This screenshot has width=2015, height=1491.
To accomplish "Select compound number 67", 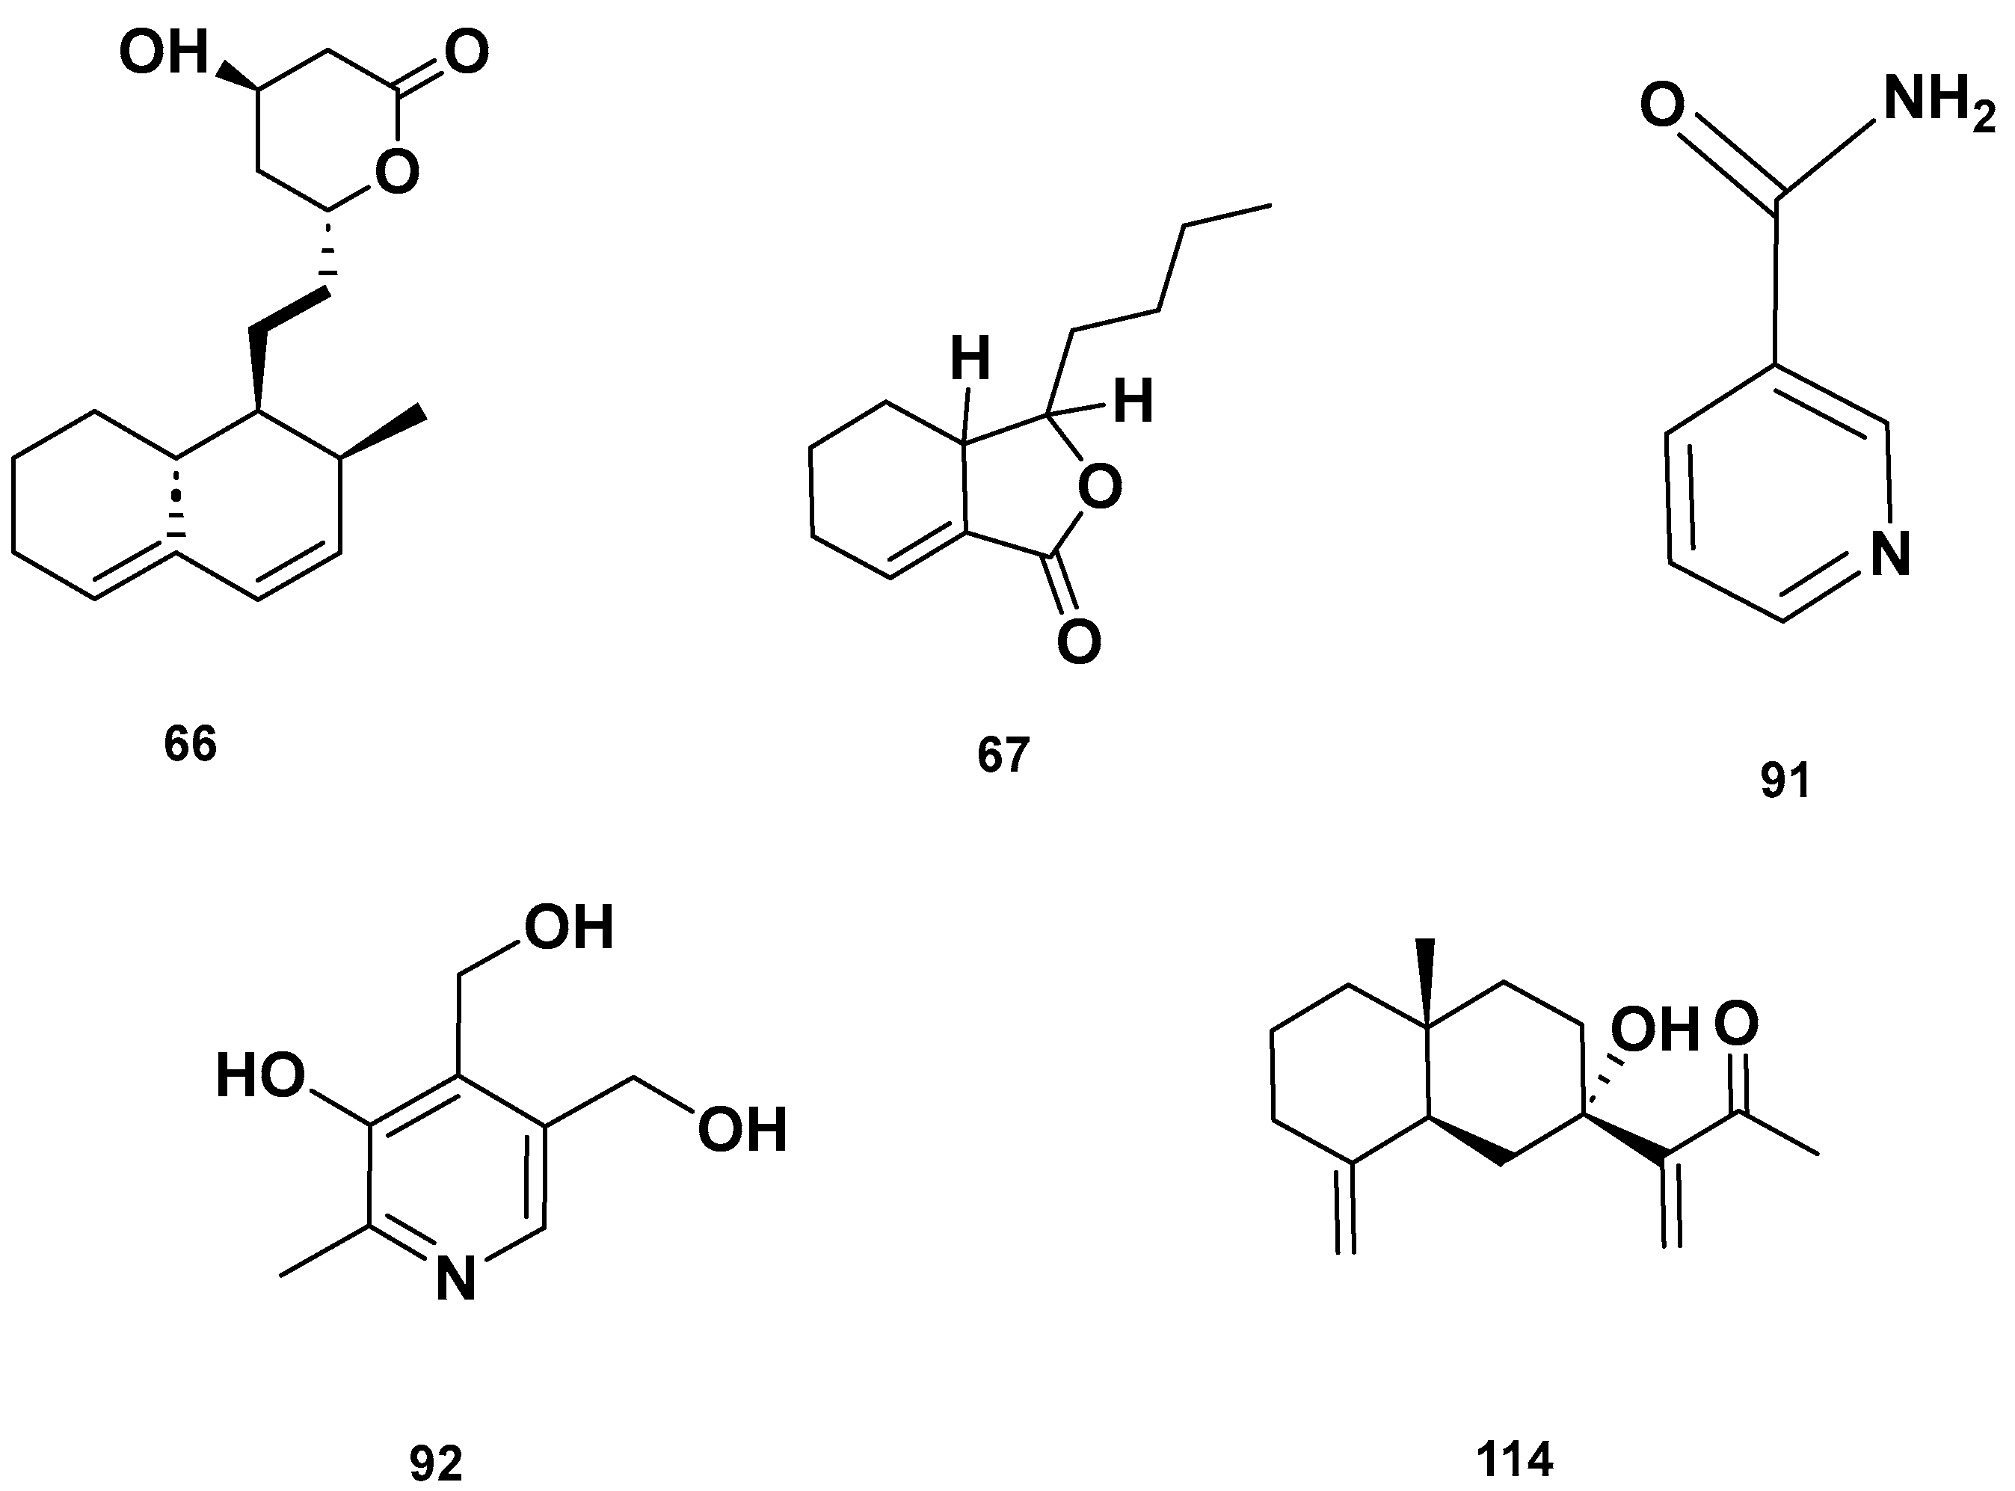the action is tap(1003, 755).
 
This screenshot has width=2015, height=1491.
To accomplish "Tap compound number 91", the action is tap(1785, 781).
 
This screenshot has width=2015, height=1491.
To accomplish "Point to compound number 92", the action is tap(436, 1463).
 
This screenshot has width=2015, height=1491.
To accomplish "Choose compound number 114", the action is tap(1514, 1460).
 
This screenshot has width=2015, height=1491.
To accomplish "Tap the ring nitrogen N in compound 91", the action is tap(1890, 553).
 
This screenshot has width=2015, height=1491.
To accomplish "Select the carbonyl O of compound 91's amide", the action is tap(1662, 105).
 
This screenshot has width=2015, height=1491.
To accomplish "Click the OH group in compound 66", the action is tap(163, 52).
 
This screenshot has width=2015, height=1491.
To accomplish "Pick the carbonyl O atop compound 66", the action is tap(467, 52).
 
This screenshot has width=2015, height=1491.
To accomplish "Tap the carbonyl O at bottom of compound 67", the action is tap(1079, 641).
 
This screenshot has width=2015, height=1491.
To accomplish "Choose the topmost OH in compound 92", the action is tap(570, 928).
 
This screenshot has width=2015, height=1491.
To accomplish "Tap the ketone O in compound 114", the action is tap(1736, 1024).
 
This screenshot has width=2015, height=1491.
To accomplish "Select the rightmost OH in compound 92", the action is tap(742, 1130).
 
